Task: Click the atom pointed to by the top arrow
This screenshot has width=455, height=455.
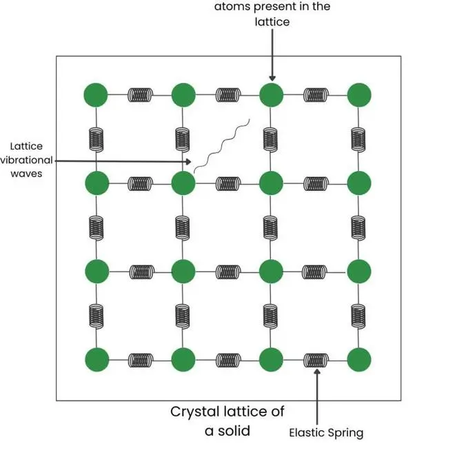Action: tap(272, 94)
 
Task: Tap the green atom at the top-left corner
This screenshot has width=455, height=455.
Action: tap(97, 94)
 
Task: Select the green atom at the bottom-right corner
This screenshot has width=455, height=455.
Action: tap(359, 360)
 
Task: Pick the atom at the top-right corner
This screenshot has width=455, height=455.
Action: tap(359, 94)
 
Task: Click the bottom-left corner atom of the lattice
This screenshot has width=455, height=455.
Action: tap(97, 360)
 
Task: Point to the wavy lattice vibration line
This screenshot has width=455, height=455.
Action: tap(221, 147)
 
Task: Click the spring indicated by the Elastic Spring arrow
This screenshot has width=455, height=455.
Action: tap(316, 360)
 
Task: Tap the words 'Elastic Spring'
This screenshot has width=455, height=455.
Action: tap(326, 433)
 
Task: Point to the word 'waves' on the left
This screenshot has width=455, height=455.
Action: tap(26, 174)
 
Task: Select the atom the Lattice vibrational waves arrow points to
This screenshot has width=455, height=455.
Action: tap(183, 183)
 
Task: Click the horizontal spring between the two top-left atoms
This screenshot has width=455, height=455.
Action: tap(140, 94)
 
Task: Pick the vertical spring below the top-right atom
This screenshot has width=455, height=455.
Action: tap(359, 139)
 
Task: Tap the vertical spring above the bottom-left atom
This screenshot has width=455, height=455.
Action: tap(97, 315)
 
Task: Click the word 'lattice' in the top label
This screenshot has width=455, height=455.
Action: tap(272, 21)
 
